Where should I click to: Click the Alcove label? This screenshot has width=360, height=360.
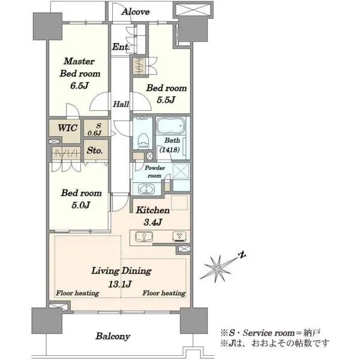click(x=136, y=12)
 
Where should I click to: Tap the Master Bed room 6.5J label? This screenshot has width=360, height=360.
click(x=80, y=73)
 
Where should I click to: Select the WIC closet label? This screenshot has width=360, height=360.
click(x=67, y=128)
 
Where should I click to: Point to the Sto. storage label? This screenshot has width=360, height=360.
click(x=95, y=151)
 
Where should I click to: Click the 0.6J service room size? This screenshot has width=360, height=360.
click(x=94, y=133)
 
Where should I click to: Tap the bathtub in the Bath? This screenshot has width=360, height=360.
click(x=171, y=125)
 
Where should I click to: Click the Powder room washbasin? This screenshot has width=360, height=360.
click(x=146, y=190)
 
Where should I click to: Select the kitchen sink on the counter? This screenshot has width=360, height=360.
click(x=144, y=237)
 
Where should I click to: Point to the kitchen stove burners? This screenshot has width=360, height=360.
click(x=179, y=236)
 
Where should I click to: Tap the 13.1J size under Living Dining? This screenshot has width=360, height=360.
click(x=120, y=284)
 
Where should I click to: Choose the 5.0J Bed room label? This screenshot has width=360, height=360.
click(x=81, y=199)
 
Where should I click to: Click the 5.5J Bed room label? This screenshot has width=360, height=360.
click(x=166, y=94)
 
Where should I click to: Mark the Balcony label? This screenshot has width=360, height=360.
click(x=113, y=337)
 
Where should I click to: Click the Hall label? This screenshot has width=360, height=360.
click(x=121, y=104)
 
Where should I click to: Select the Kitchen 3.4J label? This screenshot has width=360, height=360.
click(x=152, y=216)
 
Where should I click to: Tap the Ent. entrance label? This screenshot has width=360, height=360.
click(x=121, y=47)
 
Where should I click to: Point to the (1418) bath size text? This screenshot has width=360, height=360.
click(x=169, y=149)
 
